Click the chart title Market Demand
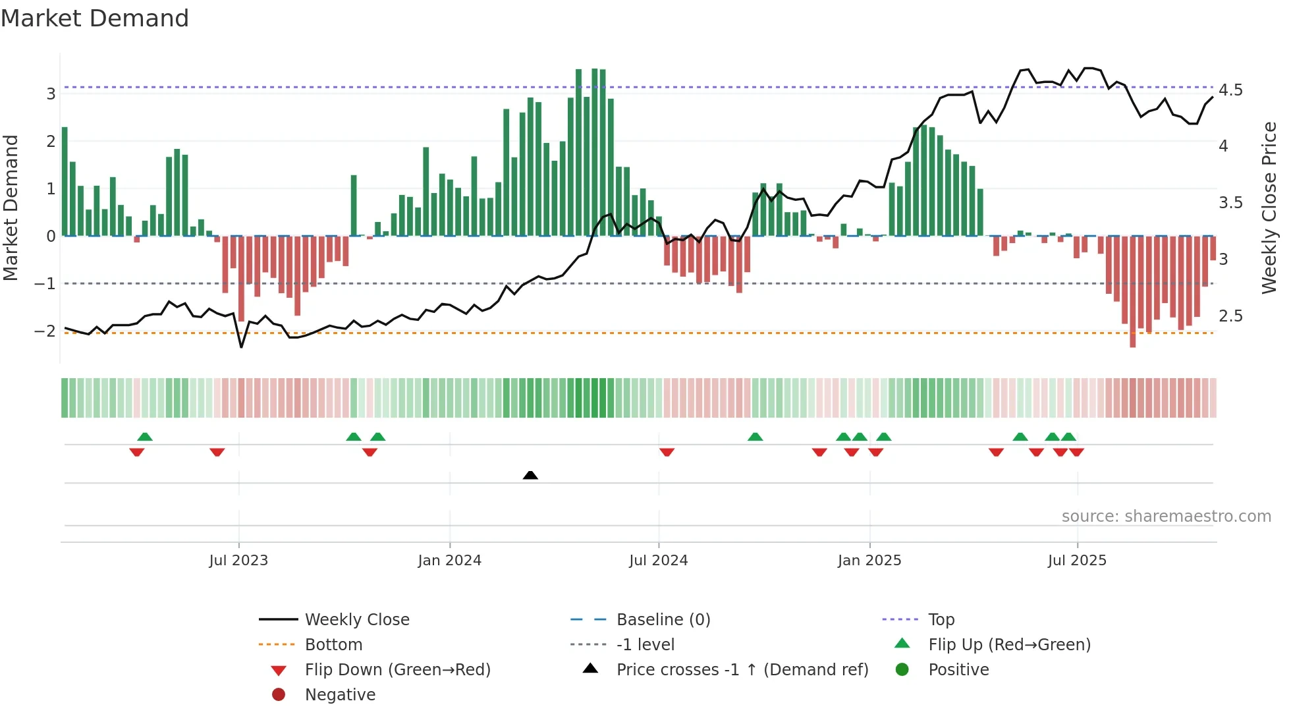tap(95, 18)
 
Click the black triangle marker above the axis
tap(530, 475)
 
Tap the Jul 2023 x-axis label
tap(238, 561)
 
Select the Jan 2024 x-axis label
tap(450, 561)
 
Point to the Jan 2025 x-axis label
tap(869, 561)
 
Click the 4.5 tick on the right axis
tap(1230, 90)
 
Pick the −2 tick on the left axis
tap(45, 331)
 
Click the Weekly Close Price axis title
tap(1269, 208)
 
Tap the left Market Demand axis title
tap(11, 208)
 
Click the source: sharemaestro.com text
tap(1166, 517)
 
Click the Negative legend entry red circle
tap(279, 695)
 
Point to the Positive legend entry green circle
tap(902, 670)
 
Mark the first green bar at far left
tap(65, 181)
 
